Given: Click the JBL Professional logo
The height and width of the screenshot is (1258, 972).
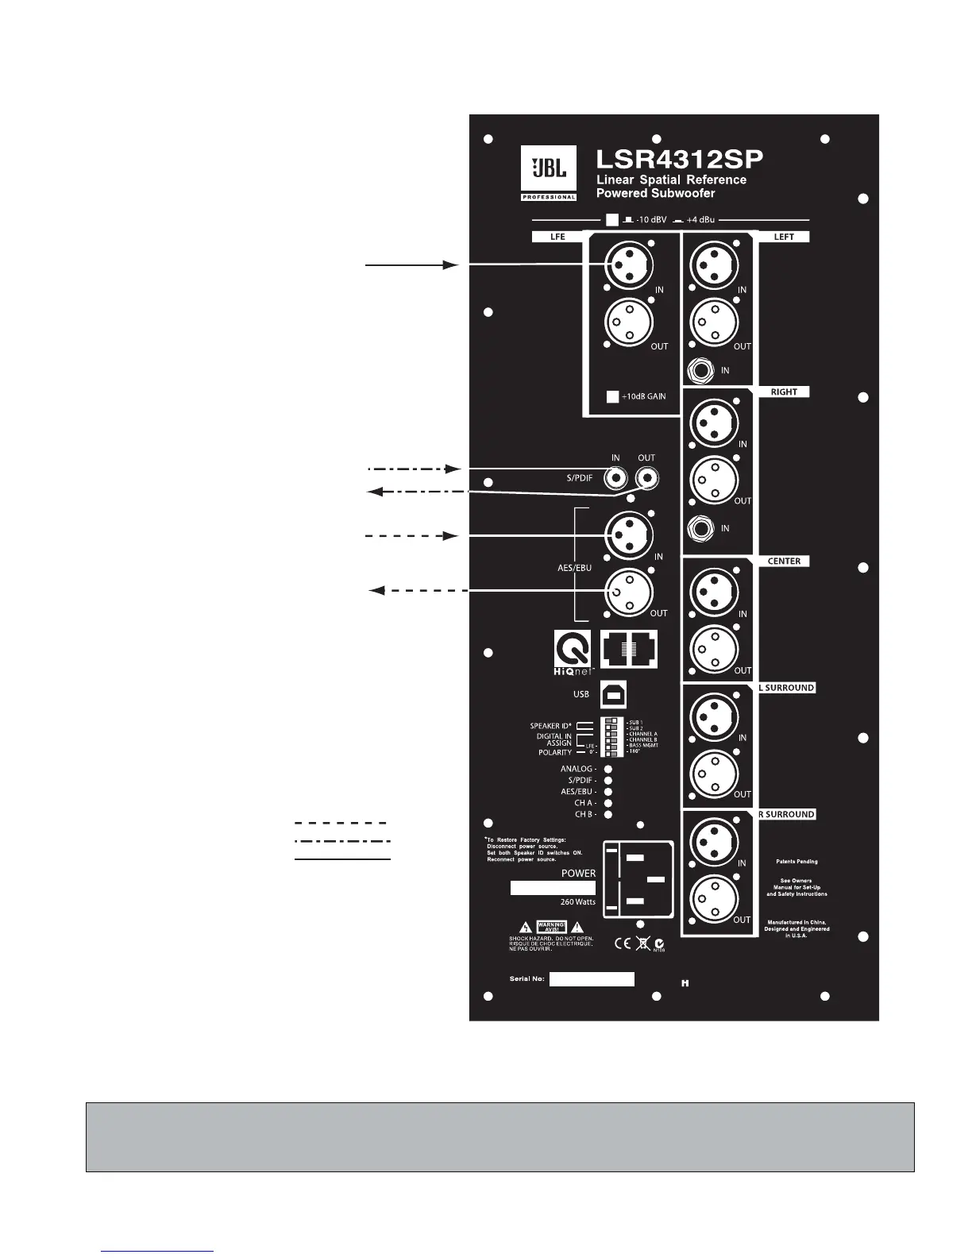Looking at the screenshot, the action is coord(549,173).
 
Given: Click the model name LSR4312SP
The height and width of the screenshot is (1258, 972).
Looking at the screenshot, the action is coord(679,159).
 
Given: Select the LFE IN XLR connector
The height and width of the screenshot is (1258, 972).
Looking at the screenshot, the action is coord(629,264).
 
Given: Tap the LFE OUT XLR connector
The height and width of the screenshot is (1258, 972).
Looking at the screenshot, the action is coord(629,322).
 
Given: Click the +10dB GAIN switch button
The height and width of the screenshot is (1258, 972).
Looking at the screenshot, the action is coord(612,396).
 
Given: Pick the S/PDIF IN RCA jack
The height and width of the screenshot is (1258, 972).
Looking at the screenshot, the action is coord(615,478).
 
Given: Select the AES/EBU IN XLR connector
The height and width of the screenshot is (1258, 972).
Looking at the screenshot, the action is coord(629,534).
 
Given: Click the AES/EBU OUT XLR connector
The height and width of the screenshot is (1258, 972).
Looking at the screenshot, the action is coord(629,592).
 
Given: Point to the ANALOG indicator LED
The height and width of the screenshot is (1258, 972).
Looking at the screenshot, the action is coord(608,769).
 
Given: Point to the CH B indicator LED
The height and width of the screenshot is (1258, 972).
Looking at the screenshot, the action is coord(608,814).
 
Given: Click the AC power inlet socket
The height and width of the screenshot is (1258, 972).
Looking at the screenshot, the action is coord(638,878).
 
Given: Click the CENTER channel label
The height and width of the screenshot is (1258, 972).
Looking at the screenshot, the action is coord(784,561).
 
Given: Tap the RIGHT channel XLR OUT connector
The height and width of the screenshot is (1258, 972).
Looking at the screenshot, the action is coord(715,480).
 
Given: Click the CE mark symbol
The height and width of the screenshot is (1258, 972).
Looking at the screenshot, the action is coord(623,943).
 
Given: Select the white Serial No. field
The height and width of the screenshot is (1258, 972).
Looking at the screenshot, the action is coord(592,979).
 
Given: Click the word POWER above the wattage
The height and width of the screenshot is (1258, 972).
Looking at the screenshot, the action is coord(578,873).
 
